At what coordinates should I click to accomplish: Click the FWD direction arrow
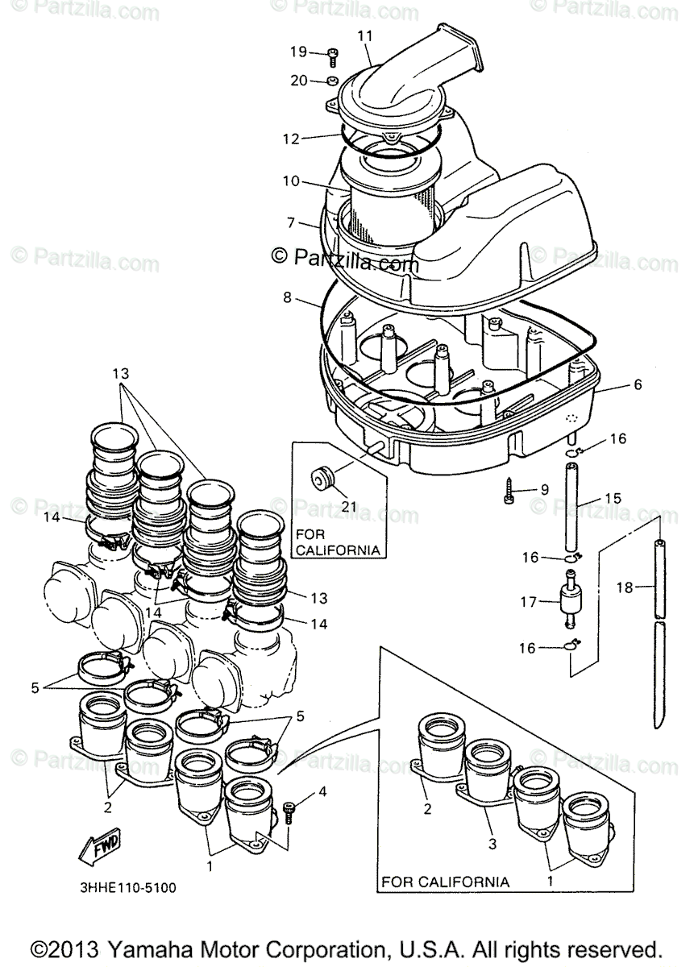point(100,847)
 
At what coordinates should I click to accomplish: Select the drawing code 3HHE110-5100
point(128,888)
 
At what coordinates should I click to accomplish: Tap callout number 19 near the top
point(299,52)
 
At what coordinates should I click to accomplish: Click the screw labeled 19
point(333,55)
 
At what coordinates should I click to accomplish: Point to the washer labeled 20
point(332,81)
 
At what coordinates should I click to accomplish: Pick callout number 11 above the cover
point(365,36)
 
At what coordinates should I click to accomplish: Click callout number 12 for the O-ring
point(290,139)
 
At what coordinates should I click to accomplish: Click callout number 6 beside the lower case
point(638,385)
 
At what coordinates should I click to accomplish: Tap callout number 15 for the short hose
point(613,499)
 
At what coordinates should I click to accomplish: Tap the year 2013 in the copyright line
point(77,948)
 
